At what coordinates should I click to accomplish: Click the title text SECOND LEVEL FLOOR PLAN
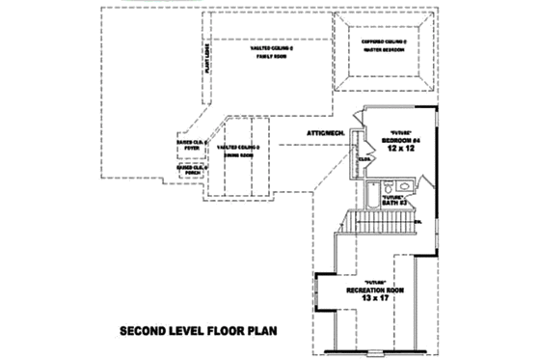[199, 330]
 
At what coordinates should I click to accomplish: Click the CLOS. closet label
[365, 158]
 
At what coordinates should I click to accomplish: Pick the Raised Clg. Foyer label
[191, 144]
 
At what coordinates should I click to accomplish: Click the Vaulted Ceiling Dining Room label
[239, 150]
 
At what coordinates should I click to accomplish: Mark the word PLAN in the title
[259, 330]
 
